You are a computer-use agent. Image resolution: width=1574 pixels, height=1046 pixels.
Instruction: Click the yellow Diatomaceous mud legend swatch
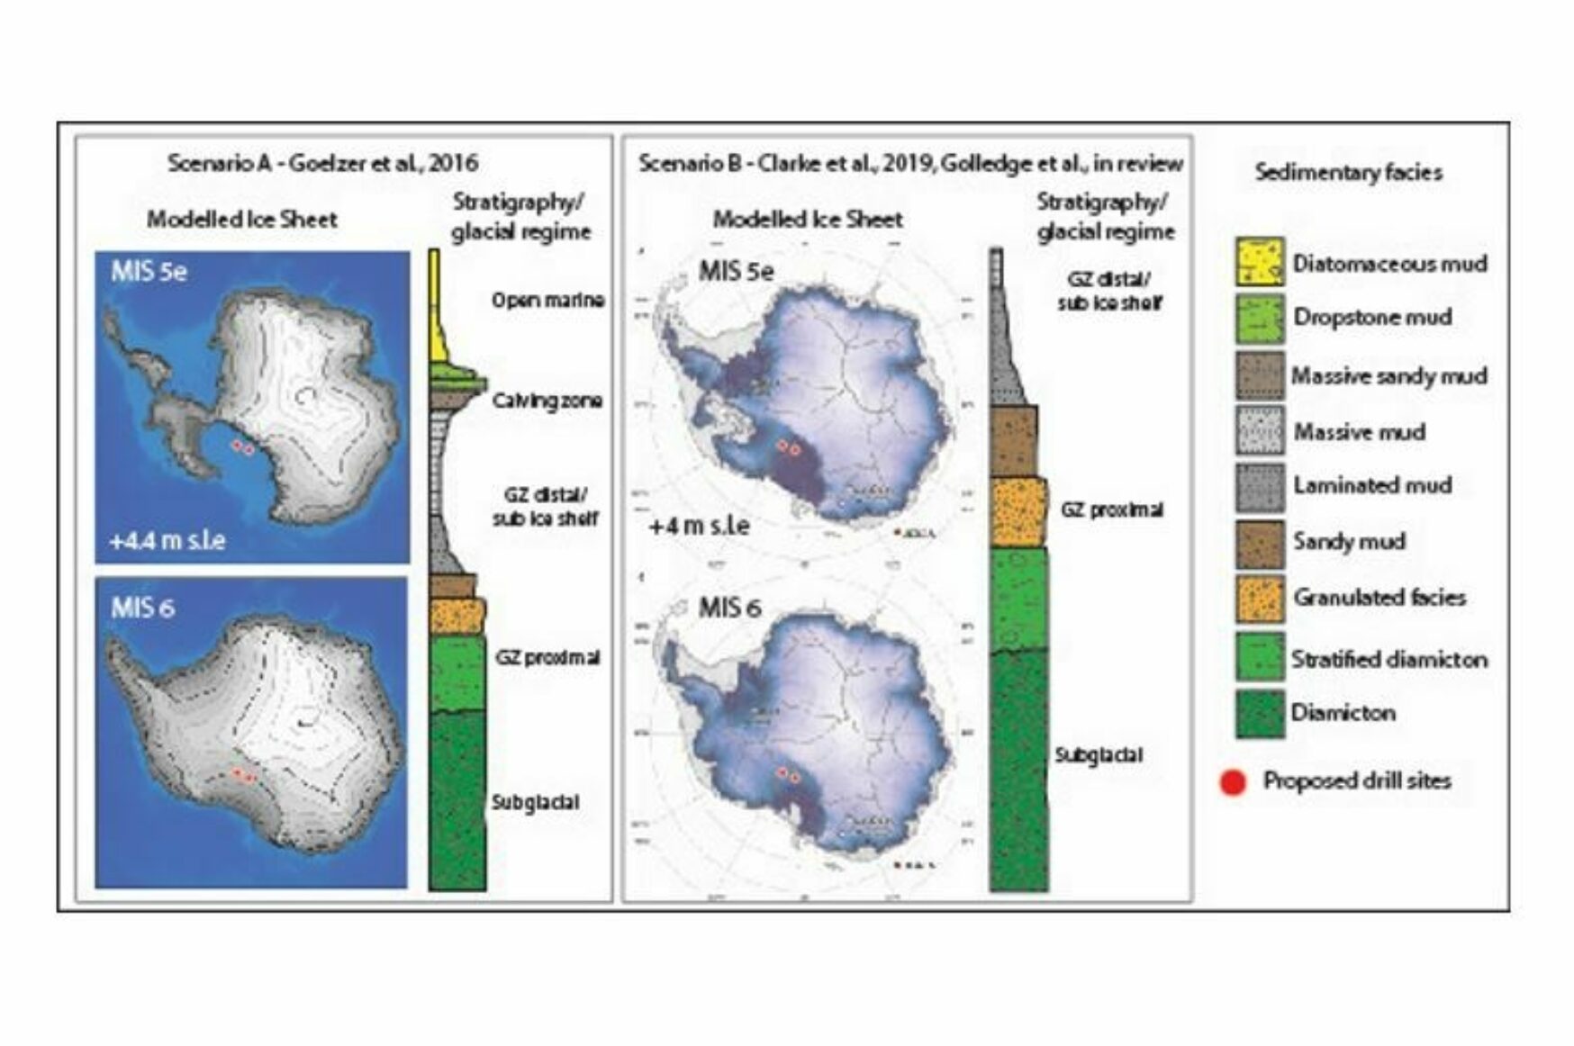click(1259, 262)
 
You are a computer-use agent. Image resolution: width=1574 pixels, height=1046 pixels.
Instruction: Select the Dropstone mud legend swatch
click(1259, 318)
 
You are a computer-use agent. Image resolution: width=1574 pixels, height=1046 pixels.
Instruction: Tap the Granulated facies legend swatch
click(1259, 598)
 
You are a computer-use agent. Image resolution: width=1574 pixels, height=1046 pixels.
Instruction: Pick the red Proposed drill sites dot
click(1233, 782)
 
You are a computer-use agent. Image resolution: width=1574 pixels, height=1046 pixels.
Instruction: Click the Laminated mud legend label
click(1372, 485)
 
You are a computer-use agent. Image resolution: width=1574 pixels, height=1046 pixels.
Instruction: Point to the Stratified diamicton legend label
click(1389, 659)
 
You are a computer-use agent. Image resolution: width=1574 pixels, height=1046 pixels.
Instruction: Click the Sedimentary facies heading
click(1348, 172)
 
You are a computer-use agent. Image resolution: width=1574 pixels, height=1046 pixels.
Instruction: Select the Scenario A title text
click(322, 163)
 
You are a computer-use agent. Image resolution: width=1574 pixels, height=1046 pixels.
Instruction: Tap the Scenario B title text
click(910, 163)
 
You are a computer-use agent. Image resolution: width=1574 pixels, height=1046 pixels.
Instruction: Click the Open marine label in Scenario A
click(547, 300)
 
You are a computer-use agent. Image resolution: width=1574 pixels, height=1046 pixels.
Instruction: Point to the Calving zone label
click(547, 401)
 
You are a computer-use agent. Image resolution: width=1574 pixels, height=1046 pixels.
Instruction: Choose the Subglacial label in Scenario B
click(1099, 755)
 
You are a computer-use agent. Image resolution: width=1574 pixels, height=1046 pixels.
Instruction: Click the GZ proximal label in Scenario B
click(1111, 509)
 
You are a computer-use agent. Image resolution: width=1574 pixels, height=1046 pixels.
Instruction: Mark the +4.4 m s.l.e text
click(167, 541)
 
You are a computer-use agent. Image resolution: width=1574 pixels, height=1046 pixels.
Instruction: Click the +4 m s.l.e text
click(699, 526)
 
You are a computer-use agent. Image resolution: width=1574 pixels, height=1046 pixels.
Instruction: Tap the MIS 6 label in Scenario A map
click(142, 608)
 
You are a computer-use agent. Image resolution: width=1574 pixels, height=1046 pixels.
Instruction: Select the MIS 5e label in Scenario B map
click(736, 271)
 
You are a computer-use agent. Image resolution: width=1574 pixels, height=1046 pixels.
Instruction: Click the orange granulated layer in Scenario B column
click(1018, 513)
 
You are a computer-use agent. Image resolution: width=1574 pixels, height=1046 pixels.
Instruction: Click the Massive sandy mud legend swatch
click(1259, 374)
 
